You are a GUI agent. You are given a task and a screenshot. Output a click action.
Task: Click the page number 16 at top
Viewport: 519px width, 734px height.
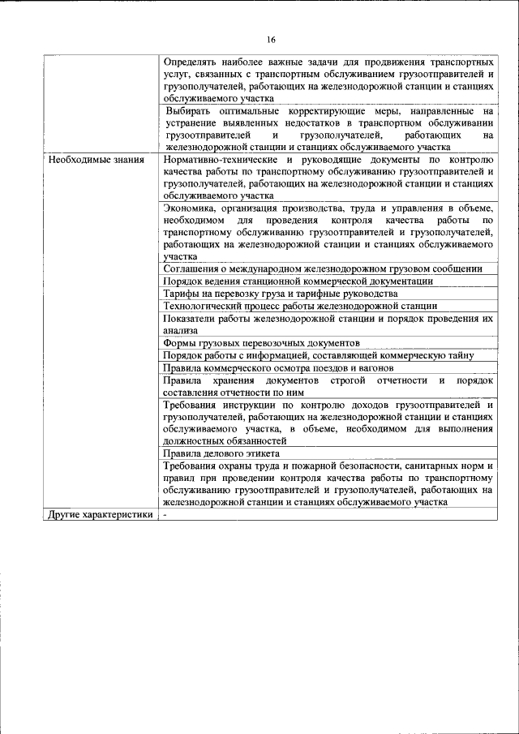point(272,41)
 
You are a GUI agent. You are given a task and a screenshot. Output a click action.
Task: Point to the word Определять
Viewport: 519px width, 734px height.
point(191,62)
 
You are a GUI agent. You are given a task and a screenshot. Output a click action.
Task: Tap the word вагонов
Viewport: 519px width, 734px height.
point(375,367)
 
